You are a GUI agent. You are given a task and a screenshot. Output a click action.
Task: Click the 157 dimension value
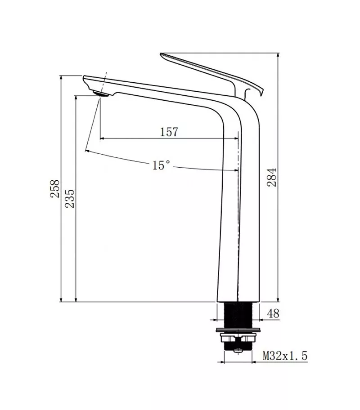(169, 132)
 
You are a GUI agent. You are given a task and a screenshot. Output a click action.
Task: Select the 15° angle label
(161, 165)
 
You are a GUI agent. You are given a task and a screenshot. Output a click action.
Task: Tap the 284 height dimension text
(272, 177)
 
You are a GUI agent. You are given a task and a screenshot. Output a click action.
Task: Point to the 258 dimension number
(55, 188)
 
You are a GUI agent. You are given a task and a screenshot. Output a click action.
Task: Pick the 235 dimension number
(70, 199)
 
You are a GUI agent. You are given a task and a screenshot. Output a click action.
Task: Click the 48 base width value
(273, 313)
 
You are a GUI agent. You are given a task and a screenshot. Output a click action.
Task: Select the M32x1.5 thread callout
(285, 356)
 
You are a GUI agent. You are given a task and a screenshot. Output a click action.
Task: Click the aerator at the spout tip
(101, 94)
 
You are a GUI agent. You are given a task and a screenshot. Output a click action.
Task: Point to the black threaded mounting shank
(238, 315)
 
